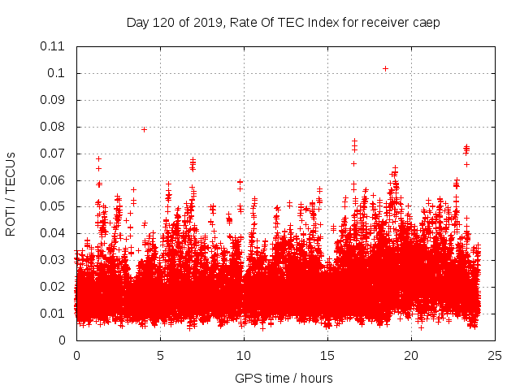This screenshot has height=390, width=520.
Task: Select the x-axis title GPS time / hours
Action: click(284, 378)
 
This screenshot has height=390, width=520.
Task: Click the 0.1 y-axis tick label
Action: click(58, 73)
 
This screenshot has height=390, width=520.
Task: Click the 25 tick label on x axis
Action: click(495, 355)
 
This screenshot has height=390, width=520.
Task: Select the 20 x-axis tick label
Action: click(411, 355)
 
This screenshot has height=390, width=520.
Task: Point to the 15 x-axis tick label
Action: click(327, 355)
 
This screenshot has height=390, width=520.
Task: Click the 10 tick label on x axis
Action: click(244, 355)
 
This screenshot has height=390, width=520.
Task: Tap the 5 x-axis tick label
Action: click(160, 355)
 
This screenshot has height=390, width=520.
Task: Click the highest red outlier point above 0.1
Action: click(385, 68)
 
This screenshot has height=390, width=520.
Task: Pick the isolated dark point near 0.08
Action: click(144, 129)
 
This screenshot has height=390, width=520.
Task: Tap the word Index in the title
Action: click(317, 23)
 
